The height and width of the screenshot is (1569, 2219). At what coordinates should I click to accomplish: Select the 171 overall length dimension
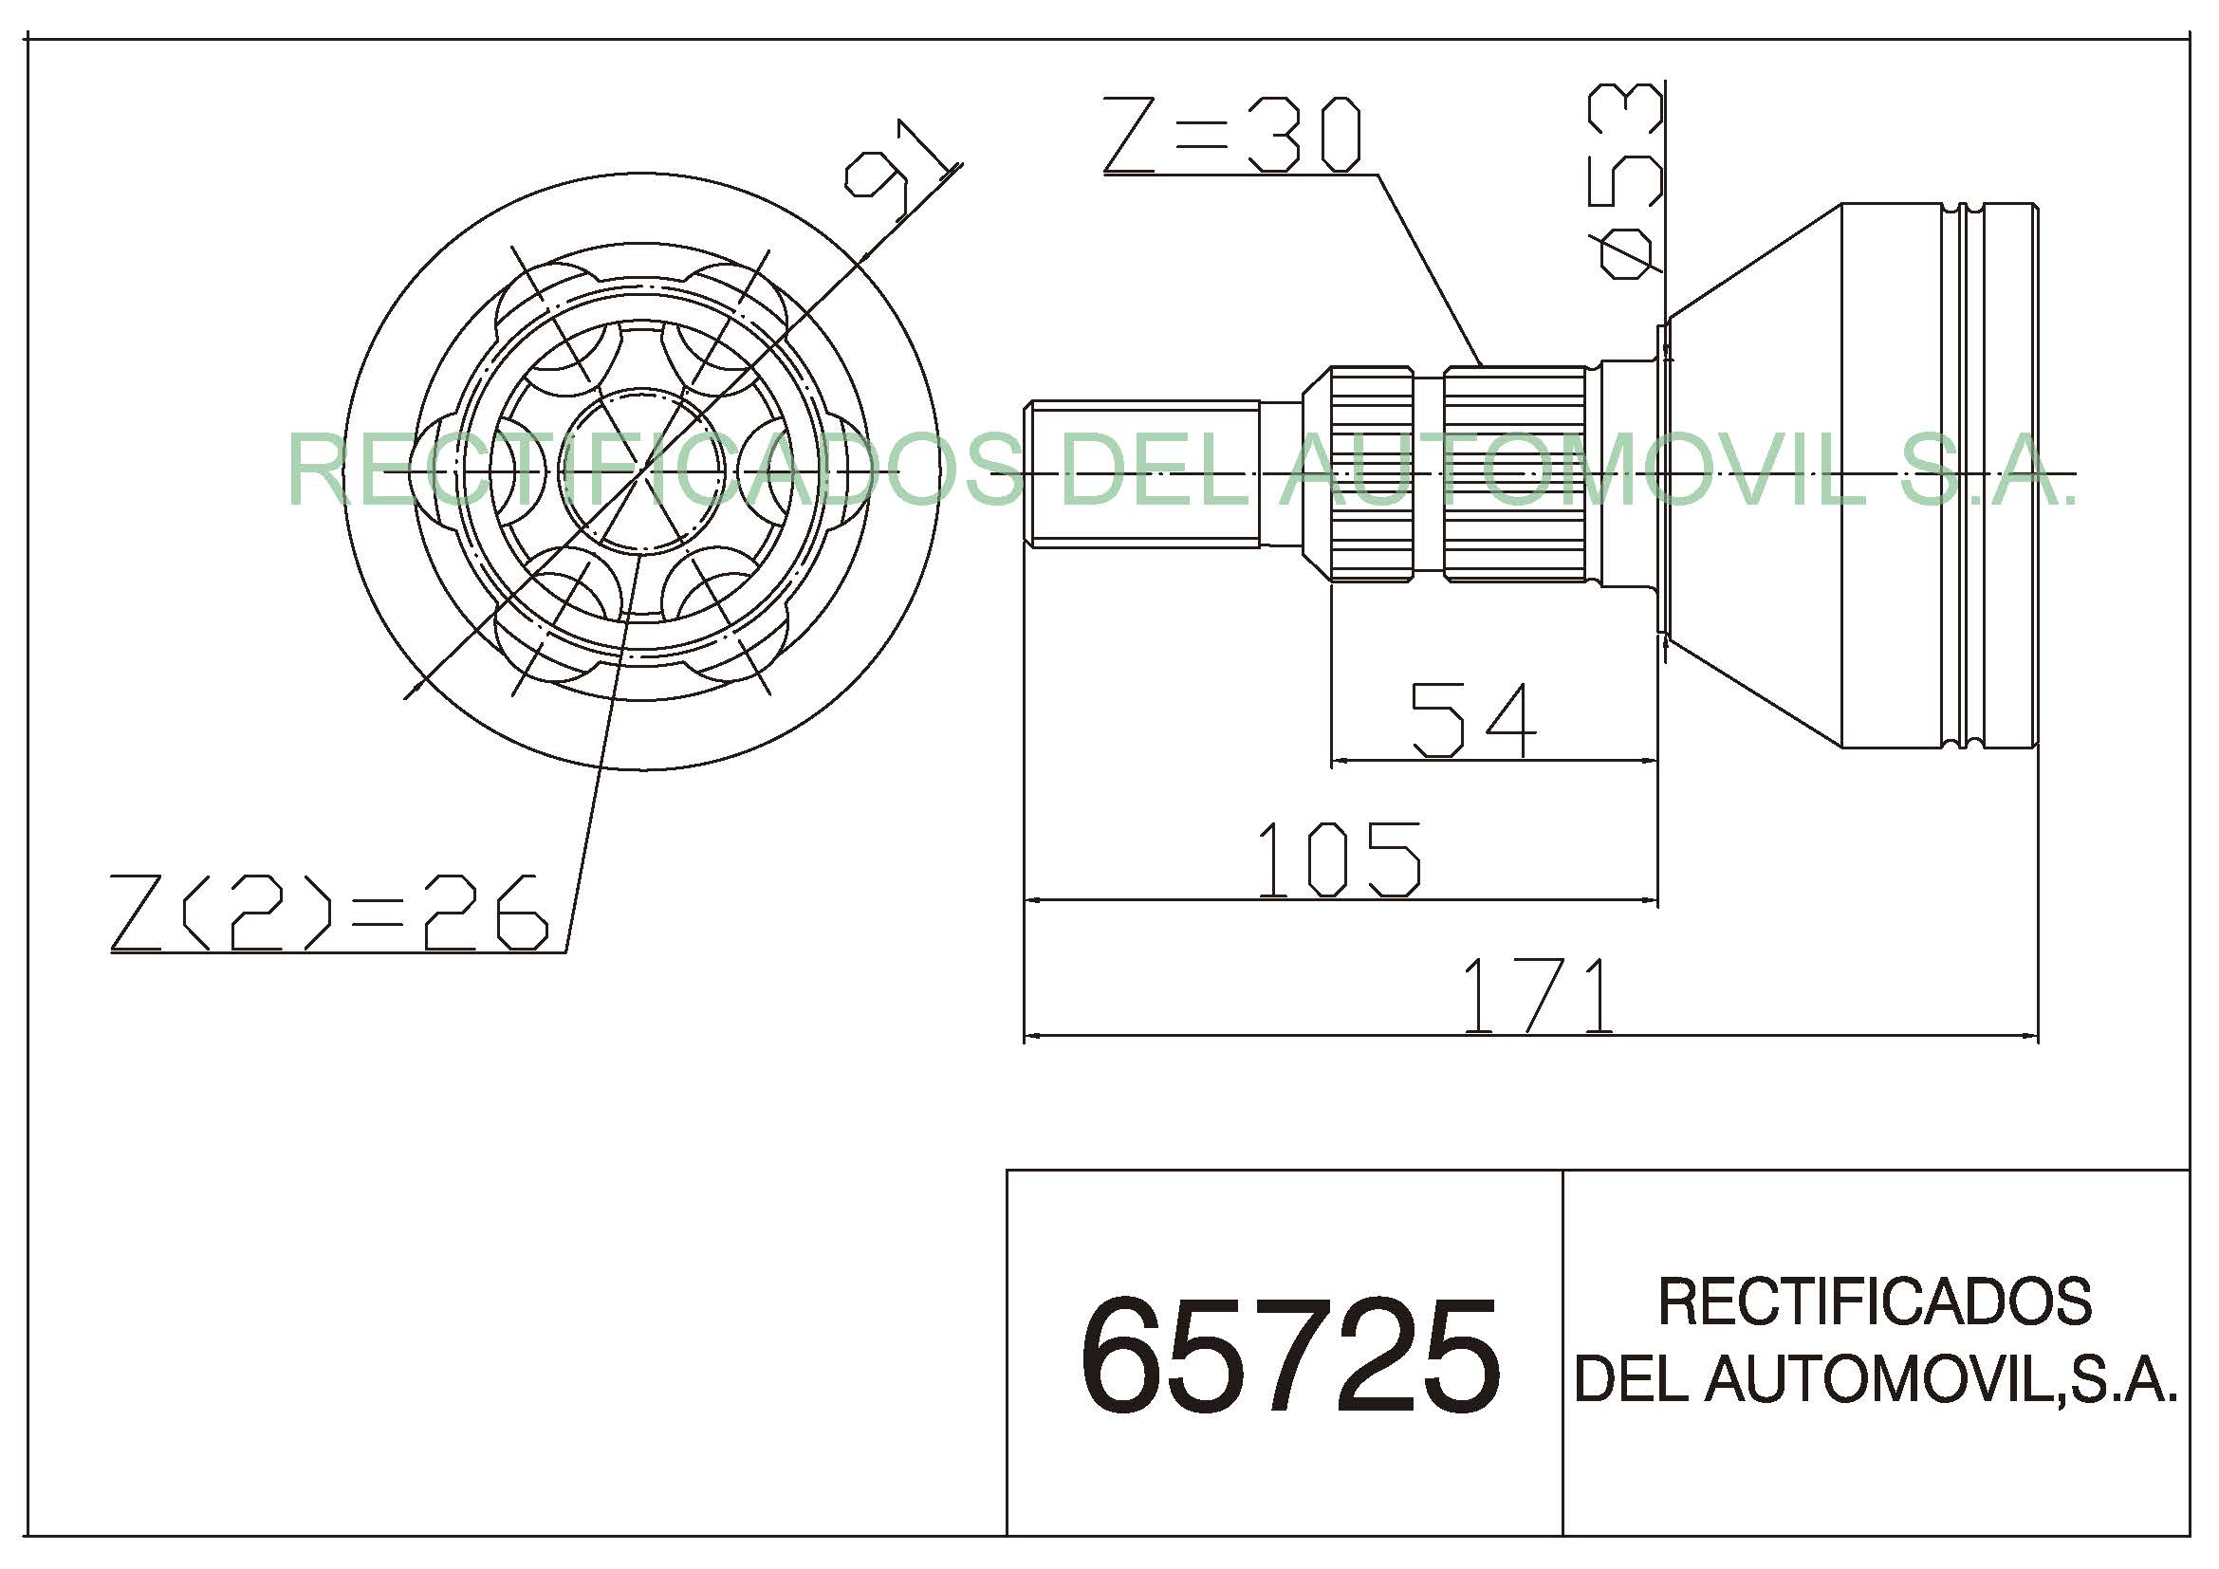1537,995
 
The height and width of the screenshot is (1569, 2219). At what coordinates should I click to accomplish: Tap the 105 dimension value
1339,858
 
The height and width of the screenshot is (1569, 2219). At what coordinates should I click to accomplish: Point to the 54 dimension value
1473,720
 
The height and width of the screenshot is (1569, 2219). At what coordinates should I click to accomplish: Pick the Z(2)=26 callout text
329,912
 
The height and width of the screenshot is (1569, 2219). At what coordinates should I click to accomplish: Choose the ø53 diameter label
1627,180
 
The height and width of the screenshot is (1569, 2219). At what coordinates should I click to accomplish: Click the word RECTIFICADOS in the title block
1875,1301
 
